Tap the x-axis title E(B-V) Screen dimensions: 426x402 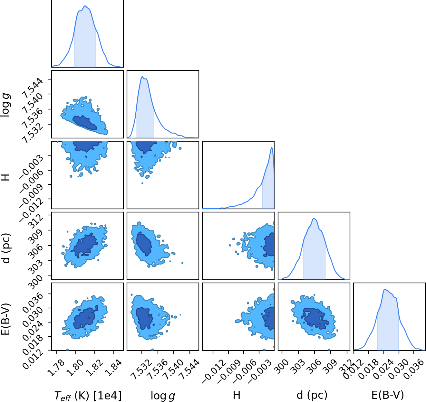pos(387,395)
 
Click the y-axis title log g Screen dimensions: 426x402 pos(5,104)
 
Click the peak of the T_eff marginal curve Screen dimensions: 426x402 pos(85,6)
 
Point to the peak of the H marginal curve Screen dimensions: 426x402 pos(272,147)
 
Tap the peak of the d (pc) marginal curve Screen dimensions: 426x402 pos(314,218)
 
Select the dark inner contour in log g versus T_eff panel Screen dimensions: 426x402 pos(85,123)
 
